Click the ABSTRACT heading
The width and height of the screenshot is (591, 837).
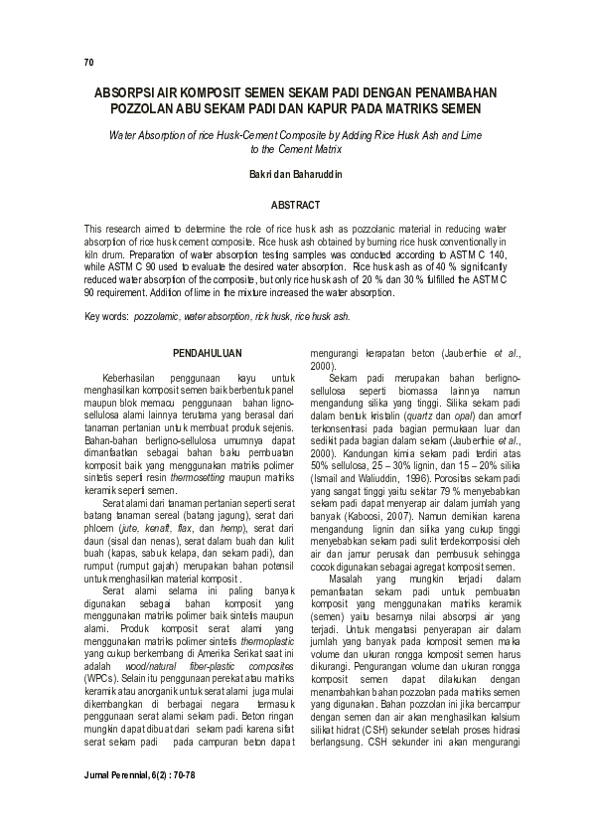coord(295,205)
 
